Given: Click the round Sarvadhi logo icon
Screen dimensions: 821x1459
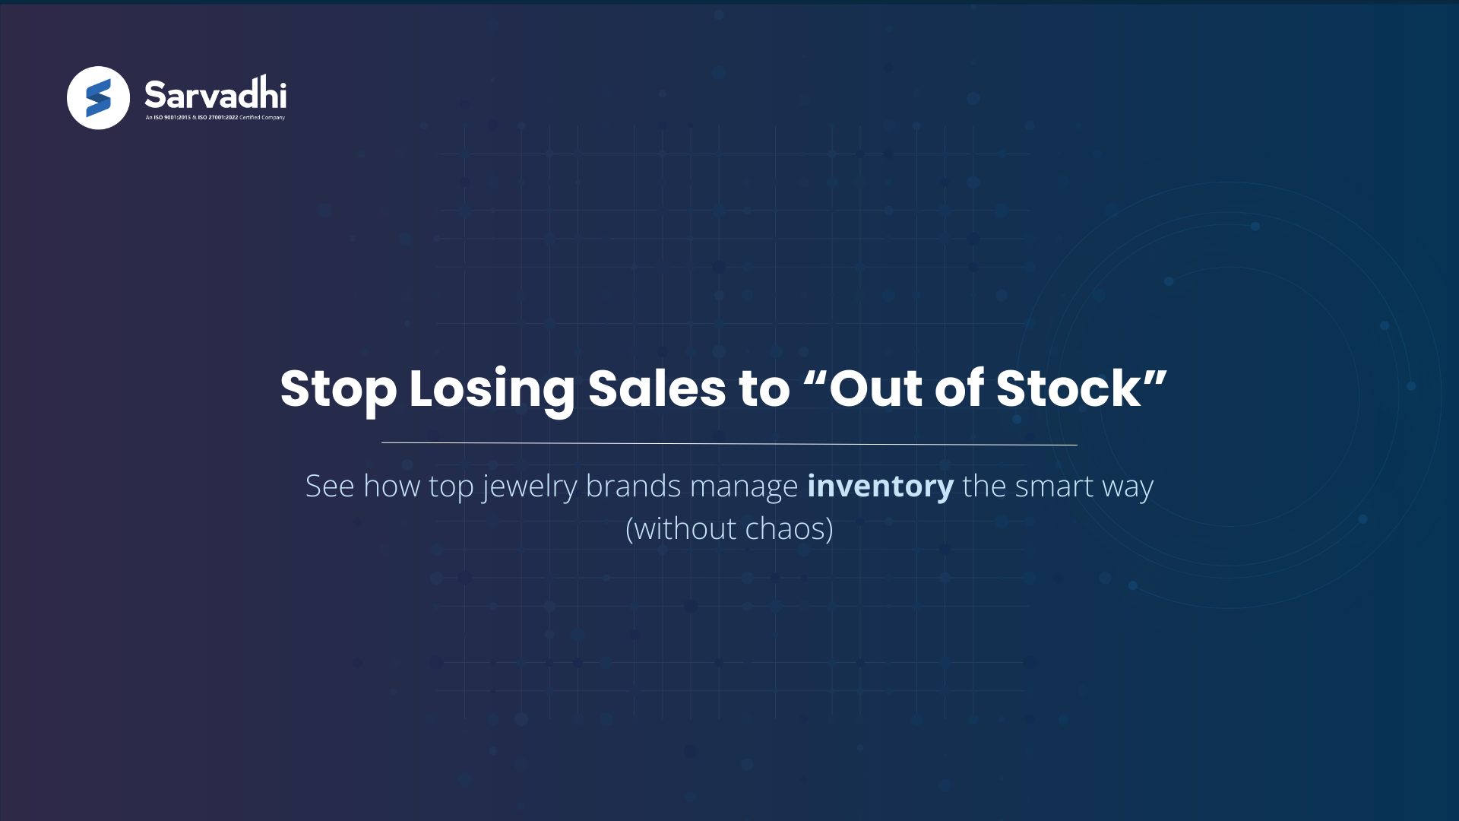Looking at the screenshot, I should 98,98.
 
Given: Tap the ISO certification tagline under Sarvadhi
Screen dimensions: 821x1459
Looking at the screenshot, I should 215,118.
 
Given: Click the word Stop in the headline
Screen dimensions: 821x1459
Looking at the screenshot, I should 338,389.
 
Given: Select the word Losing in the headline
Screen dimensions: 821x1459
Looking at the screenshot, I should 492,389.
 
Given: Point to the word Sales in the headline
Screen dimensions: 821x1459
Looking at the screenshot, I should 657,389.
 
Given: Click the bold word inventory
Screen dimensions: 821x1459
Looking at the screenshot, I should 880,487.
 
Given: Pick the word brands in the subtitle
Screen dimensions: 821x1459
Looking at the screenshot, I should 633,487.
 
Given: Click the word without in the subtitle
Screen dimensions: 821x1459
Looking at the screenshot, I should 685,529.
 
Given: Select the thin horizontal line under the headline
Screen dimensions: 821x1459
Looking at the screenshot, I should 729,443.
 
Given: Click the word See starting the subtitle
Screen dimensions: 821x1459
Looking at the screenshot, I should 330,487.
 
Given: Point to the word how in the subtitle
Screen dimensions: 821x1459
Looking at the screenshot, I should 391,487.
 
